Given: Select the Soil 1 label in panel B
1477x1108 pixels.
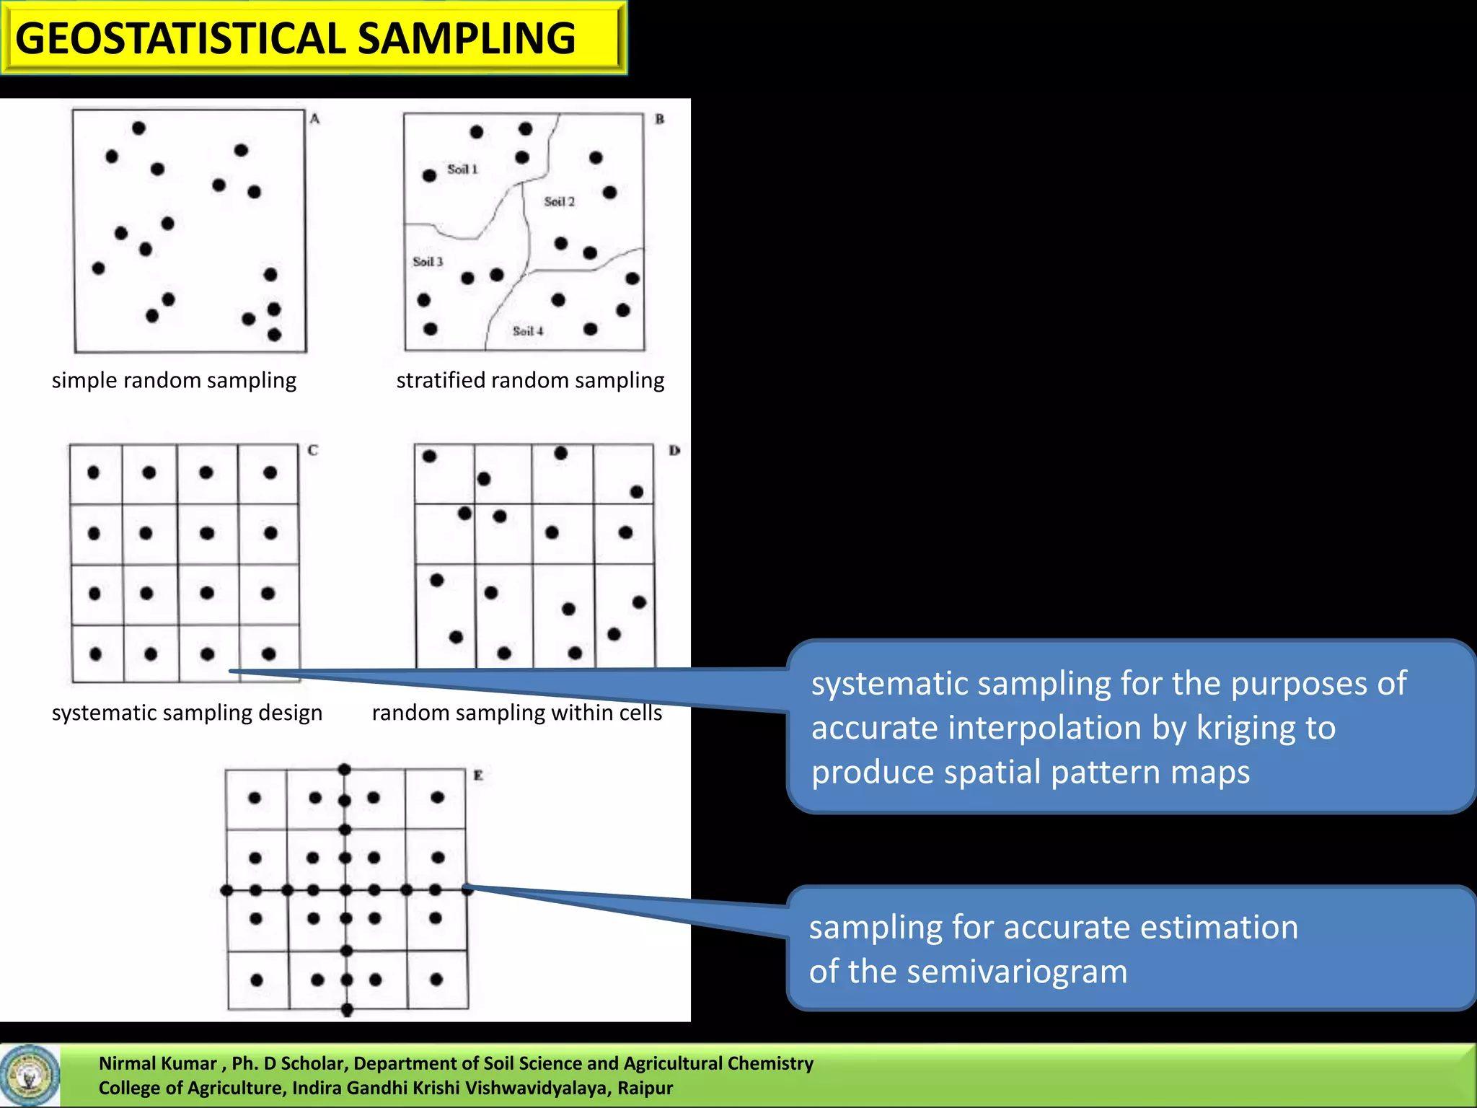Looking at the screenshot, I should tap(462, 170).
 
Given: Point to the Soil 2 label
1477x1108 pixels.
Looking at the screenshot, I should tap(559, 202).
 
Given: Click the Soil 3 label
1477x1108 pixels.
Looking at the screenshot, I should tap(428, 262).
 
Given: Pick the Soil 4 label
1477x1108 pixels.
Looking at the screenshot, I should tap(528, 331).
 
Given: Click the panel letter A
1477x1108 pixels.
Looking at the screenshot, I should tap(314, 119).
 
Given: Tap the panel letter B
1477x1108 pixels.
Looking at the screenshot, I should tap(659, 119).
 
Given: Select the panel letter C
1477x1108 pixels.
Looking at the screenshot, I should tap(313, 450).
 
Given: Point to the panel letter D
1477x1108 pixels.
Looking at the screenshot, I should tap(674, 451).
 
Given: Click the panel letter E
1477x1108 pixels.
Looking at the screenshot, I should tap(477, 775).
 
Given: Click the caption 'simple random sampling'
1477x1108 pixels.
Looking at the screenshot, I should tap(174, 380).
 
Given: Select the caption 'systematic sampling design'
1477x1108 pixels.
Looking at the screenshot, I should tap(187, 713).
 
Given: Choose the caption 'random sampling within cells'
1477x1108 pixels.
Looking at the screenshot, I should tap(516, 713).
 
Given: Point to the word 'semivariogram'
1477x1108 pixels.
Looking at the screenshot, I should tap(1017, 972).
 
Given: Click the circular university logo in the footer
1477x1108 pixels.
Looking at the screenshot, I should tap(30, 1076).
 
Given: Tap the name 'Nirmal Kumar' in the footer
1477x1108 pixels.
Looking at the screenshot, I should tap(157, 1063).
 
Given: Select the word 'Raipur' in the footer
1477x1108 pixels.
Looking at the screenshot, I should tap(645, 1088).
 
